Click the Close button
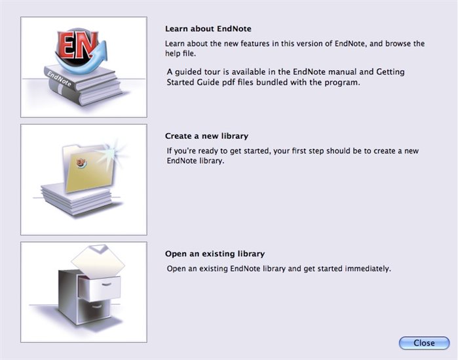point(424,343)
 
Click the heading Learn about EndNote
point(208,29)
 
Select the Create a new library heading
point(206,136)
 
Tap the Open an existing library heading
point(215,254)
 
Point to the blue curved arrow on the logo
point(88,63)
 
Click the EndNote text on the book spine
point(59,79)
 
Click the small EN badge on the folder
point(81,163)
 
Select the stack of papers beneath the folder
point(77,200)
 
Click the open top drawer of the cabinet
point(100,288)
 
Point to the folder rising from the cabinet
point(98,261)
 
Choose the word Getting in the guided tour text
point(391,72)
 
